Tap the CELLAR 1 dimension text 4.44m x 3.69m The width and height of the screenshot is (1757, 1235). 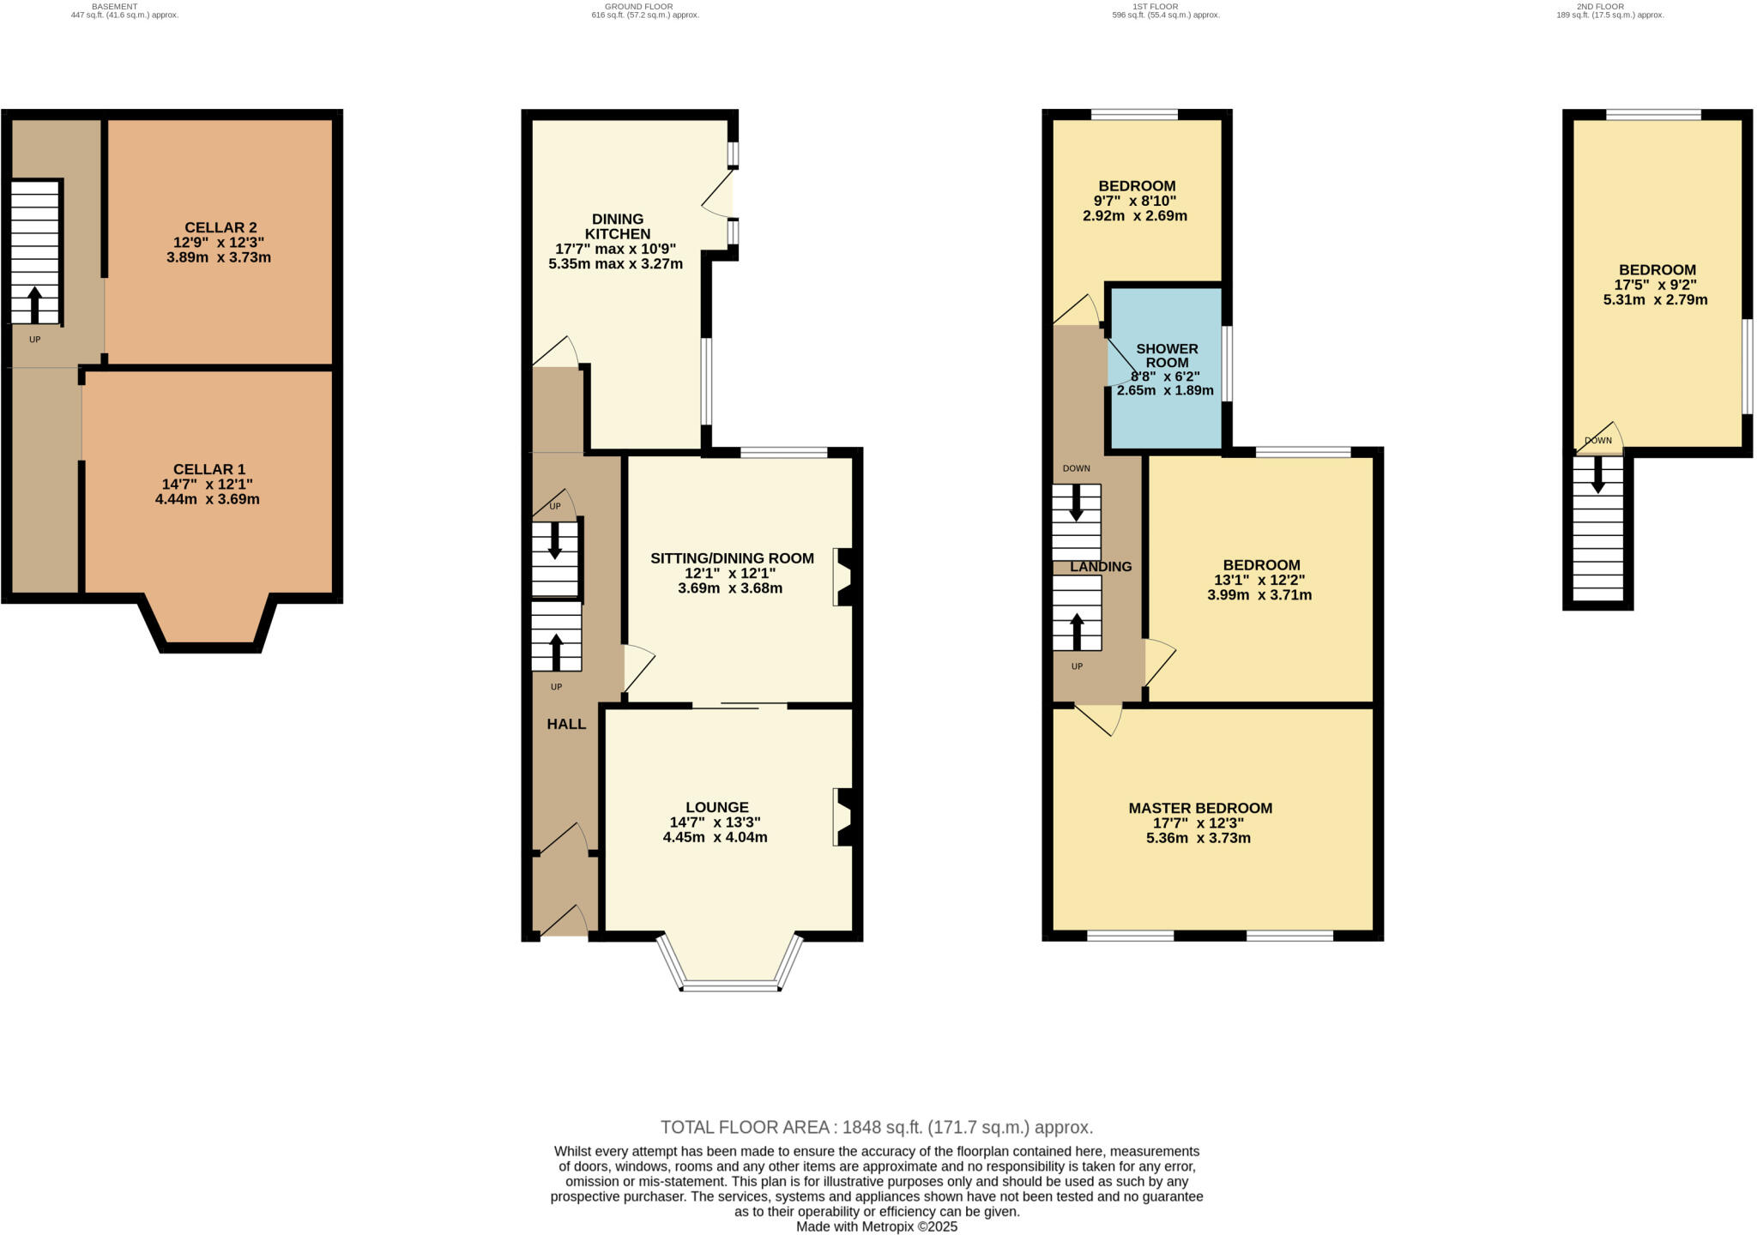point(208,499)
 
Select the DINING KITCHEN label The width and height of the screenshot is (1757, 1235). point(618,226)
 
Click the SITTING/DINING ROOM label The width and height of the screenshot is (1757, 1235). point(732,558)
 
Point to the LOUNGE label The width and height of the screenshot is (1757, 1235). point(717,807)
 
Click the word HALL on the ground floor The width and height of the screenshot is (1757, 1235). point(566,724)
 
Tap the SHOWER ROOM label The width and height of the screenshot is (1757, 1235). point(1167,355)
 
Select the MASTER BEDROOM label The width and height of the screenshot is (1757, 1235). point(1200,808)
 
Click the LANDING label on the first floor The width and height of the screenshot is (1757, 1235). point(1101,566)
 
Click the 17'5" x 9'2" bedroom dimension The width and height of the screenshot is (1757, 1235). point(1656,285)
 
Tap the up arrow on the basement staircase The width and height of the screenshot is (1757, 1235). point(35,304)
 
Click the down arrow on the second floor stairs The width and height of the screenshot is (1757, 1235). point(1597,475)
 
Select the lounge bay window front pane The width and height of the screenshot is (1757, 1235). point(730,987)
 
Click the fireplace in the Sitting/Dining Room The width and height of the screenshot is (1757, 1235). point(844,576)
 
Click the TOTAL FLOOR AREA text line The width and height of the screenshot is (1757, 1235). point(877,1127)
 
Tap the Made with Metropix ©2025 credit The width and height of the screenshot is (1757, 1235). point(877,1226)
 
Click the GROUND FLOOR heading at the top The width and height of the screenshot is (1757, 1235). point(644,6)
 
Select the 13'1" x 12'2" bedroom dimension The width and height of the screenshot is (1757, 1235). point(1261,580)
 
